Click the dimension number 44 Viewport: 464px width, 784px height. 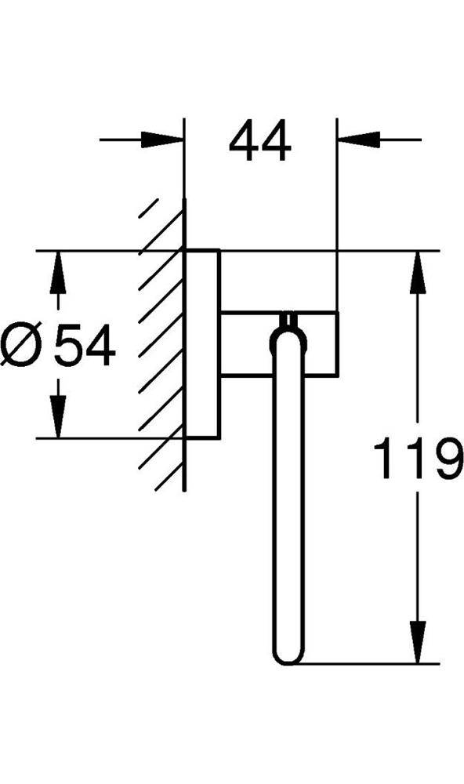coord(259,140)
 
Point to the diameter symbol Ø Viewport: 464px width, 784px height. coord(22,344)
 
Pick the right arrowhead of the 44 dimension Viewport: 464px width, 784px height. coord(359,140)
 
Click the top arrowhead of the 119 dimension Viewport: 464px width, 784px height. coord(418,272)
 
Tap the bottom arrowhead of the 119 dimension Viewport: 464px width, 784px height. coord(418,643)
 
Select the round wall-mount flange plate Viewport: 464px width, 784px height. coord(202,344)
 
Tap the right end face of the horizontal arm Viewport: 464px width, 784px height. coord(338,343)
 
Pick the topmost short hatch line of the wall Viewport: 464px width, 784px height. coord(148,208)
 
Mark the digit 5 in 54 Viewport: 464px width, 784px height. coord(68,345)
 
